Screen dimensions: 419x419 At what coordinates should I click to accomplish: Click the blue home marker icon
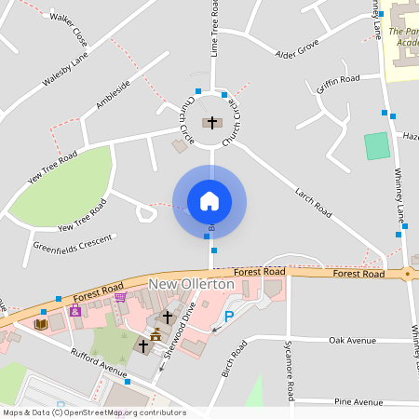point(209,201)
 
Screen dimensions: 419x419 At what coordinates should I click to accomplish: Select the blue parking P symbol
point(229,317)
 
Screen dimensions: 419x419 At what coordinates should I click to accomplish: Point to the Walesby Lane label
point(64,71)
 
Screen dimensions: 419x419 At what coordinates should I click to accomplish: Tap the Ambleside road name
point(113,95)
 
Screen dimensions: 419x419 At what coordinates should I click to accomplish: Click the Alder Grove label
point(297,48)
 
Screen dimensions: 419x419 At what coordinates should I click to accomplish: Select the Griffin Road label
point(338,85)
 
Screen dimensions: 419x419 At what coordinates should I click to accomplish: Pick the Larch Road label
point(312,203)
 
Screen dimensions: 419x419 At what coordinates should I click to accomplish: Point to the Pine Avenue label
point(358,402)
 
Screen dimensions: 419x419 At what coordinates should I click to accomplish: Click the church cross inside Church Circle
point(212,122)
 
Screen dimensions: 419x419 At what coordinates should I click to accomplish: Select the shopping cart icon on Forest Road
point(120,298)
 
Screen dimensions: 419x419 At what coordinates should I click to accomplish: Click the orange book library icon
point(40,324)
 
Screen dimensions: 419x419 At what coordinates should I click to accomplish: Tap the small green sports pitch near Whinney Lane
point(376,146)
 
